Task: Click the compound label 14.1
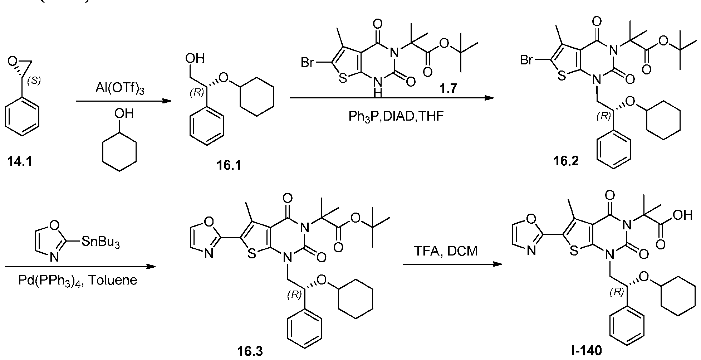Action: coord(20,162)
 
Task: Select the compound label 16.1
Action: coord(229,166)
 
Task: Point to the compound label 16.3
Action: coord(250,351)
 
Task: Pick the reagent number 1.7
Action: coord(448,88)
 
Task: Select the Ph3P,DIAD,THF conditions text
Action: coord(396,116)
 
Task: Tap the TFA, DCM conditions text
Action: coord(446,251)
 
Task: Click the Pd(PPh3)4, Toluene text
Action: coord(78,280)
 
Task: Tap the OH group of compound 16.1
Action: coord(195,58)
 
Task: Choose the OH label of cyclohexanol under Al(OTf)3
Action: coord(124,114)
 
